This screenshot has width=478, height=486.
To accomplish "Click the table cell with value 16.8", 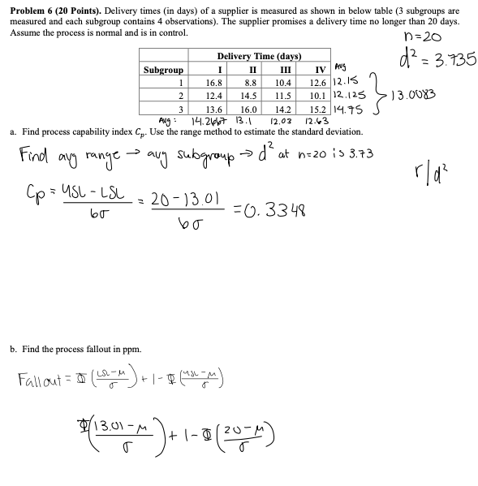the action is point(214,83).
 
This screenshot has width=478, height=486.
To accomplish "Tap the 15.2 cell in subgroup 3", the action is point(318,109).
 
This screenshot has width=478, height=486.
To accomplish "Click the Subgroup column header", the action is point(163,70).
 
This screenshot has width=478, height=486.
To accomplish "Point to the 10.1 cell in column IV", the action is point(318,96).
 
